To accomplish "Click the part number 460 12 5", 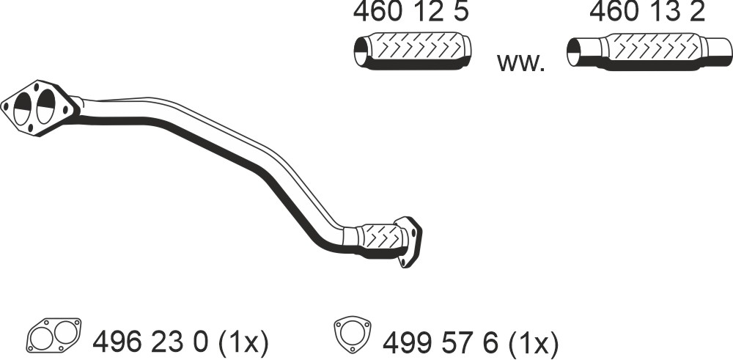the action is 410,12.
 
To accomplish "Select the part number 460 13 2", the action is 647,12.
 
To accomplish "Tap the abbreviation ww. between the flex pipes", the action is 520,62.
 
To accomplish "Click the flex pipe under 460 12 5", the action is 412,51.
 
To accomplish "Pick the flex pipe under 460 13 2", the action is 649,51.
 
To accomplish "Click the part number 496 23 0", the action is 150,342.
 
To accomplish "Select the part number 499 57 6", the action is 440,342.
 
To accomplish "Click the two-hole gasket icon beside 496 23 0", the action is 54,335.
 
